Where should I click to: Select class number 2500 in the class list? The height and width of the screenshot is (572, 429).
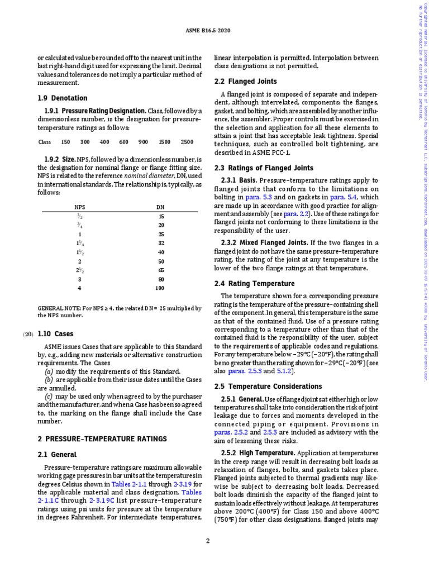click(187, 142)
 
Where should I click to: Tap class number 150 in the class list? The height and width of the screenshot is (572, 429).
click(65, 142)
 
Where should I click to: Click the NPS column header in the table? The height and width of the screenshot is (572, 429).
click(80, 207)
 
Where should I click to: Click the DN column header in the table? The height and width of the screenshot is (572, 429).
click(160, 207)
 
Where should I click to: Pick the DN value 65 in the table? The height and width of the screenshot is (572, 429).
click(160, 269)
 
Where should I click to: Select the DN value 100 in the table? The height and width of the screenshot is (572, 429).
click(160, 288)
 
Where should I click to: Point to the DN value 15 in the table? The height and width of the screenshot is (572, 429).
click(160, 217)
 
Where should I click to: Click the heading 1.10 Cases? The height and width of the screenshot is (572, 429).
click(55, 334)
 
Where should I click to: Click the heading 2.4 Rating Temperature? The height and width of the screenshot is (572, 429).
click(254, 283)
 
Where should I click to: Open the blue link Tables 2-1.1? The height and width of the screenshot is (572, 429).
click(128, 483)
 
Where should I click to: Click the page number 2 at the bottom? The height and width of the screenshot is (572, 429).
click(207, 541)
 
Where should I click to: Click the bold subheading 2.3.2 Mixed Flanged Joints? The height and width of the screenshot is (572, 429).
click(264, 242)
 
